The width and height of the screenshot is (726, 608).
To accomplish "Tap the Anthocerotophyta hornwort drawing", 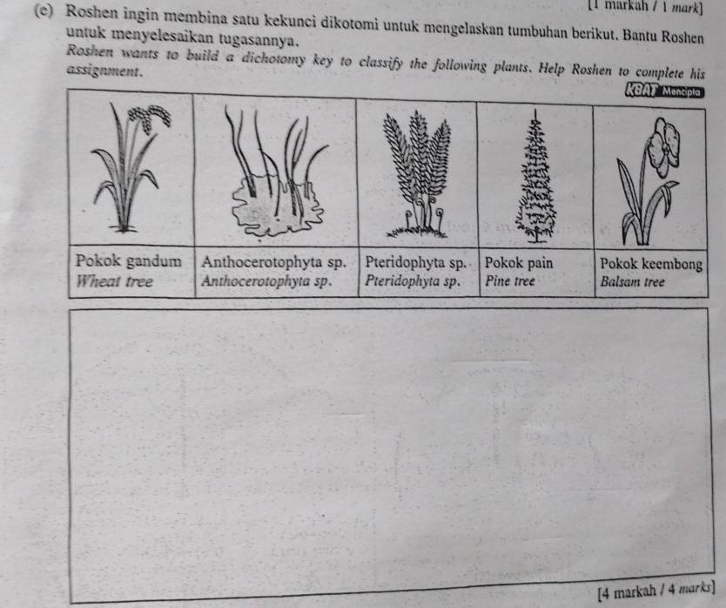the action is [277, 172].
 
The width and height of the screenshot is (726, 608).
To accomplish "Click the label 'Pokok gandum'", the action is [128, 261].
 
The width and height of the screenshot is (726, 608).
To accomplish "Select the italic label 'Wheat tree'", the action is [114, 281].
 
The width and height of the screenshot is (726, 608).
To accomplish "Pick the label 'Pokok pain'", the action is [519, 263].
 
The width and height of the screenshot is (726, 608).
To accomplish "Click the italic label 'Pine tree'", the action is [510, 280].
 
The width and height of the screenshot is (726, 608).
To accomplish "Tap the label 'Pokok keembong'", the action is [651, 264].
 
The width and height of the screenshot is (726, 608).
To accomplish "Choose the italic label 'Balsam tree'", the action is [633, 281].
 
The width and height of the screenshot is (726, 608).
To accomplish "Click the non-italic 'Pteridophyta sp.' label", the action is [415, 263].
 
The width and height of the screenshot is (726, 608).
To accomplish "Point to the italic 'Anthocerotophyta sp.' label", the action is [266, 280].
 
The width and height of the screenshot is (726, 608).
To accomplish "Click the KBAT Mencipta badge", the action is [664, 91].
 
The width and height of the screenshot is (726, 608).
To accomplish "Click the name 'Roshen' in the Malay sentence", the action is [91, 12].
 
